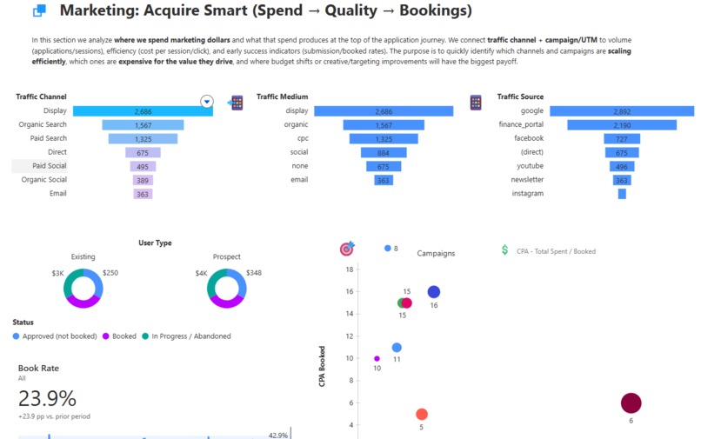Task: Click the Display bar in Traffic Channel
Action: pos(143,111)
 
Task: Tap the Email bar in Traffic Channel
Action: pos(143,194)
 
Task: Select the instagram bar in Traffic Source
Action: pos(622,194)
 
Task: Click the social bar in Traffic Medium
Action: pos(384,152)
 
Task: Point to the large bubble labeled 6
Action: pos(631,402)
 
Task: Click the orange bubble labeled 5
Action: pos(422,415)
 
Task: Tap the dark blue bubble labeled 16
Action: pos(433,292)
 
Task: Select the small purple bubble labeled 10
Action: pos(377,358)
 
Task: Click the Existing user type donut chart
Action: pos(83,289)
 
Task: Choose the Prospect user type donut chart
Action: pos(226,289)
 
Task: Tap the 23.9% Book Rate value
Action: pos(47,398)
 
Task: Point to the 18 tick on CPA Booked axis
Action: pos(349,269)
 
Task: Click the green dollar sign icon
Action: pos(505,250)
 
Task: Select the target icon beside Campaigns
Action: pos(346,249)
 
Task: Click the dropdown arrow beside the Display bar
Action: pos(207,102)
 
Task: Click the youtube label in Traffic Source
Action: pos(530,166)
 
